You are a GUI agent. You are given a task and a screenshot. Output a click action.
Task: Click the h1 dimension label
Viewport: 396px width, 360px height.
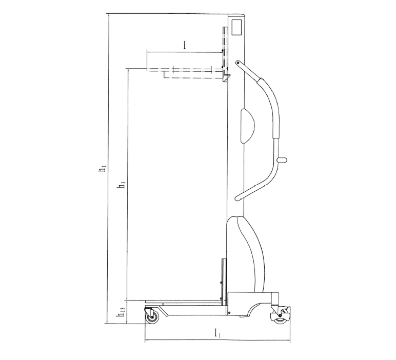(102, 168)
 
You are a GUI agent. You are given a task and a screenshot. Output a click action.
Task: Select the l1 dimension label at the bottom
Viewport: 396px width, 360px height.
(217, 333)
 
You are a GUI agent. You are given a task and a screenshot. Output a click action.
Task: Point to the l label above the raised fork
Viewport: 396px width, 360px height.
(184, 45)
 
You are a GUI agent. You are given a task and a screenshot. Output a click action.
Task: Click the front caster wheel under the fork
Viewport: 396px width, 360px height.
(152, 317)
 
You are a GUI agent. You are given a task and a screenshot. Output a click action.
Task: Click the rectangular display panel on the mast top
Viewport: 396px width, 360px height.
(237, 27)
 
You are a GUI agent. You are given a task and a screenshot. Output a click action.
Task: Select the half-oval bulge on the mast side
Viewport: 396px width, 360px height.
(247, 126)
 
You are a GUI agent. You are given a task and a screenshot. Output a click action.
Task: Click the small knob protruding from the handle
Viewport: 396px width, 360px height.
(282, 159)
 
